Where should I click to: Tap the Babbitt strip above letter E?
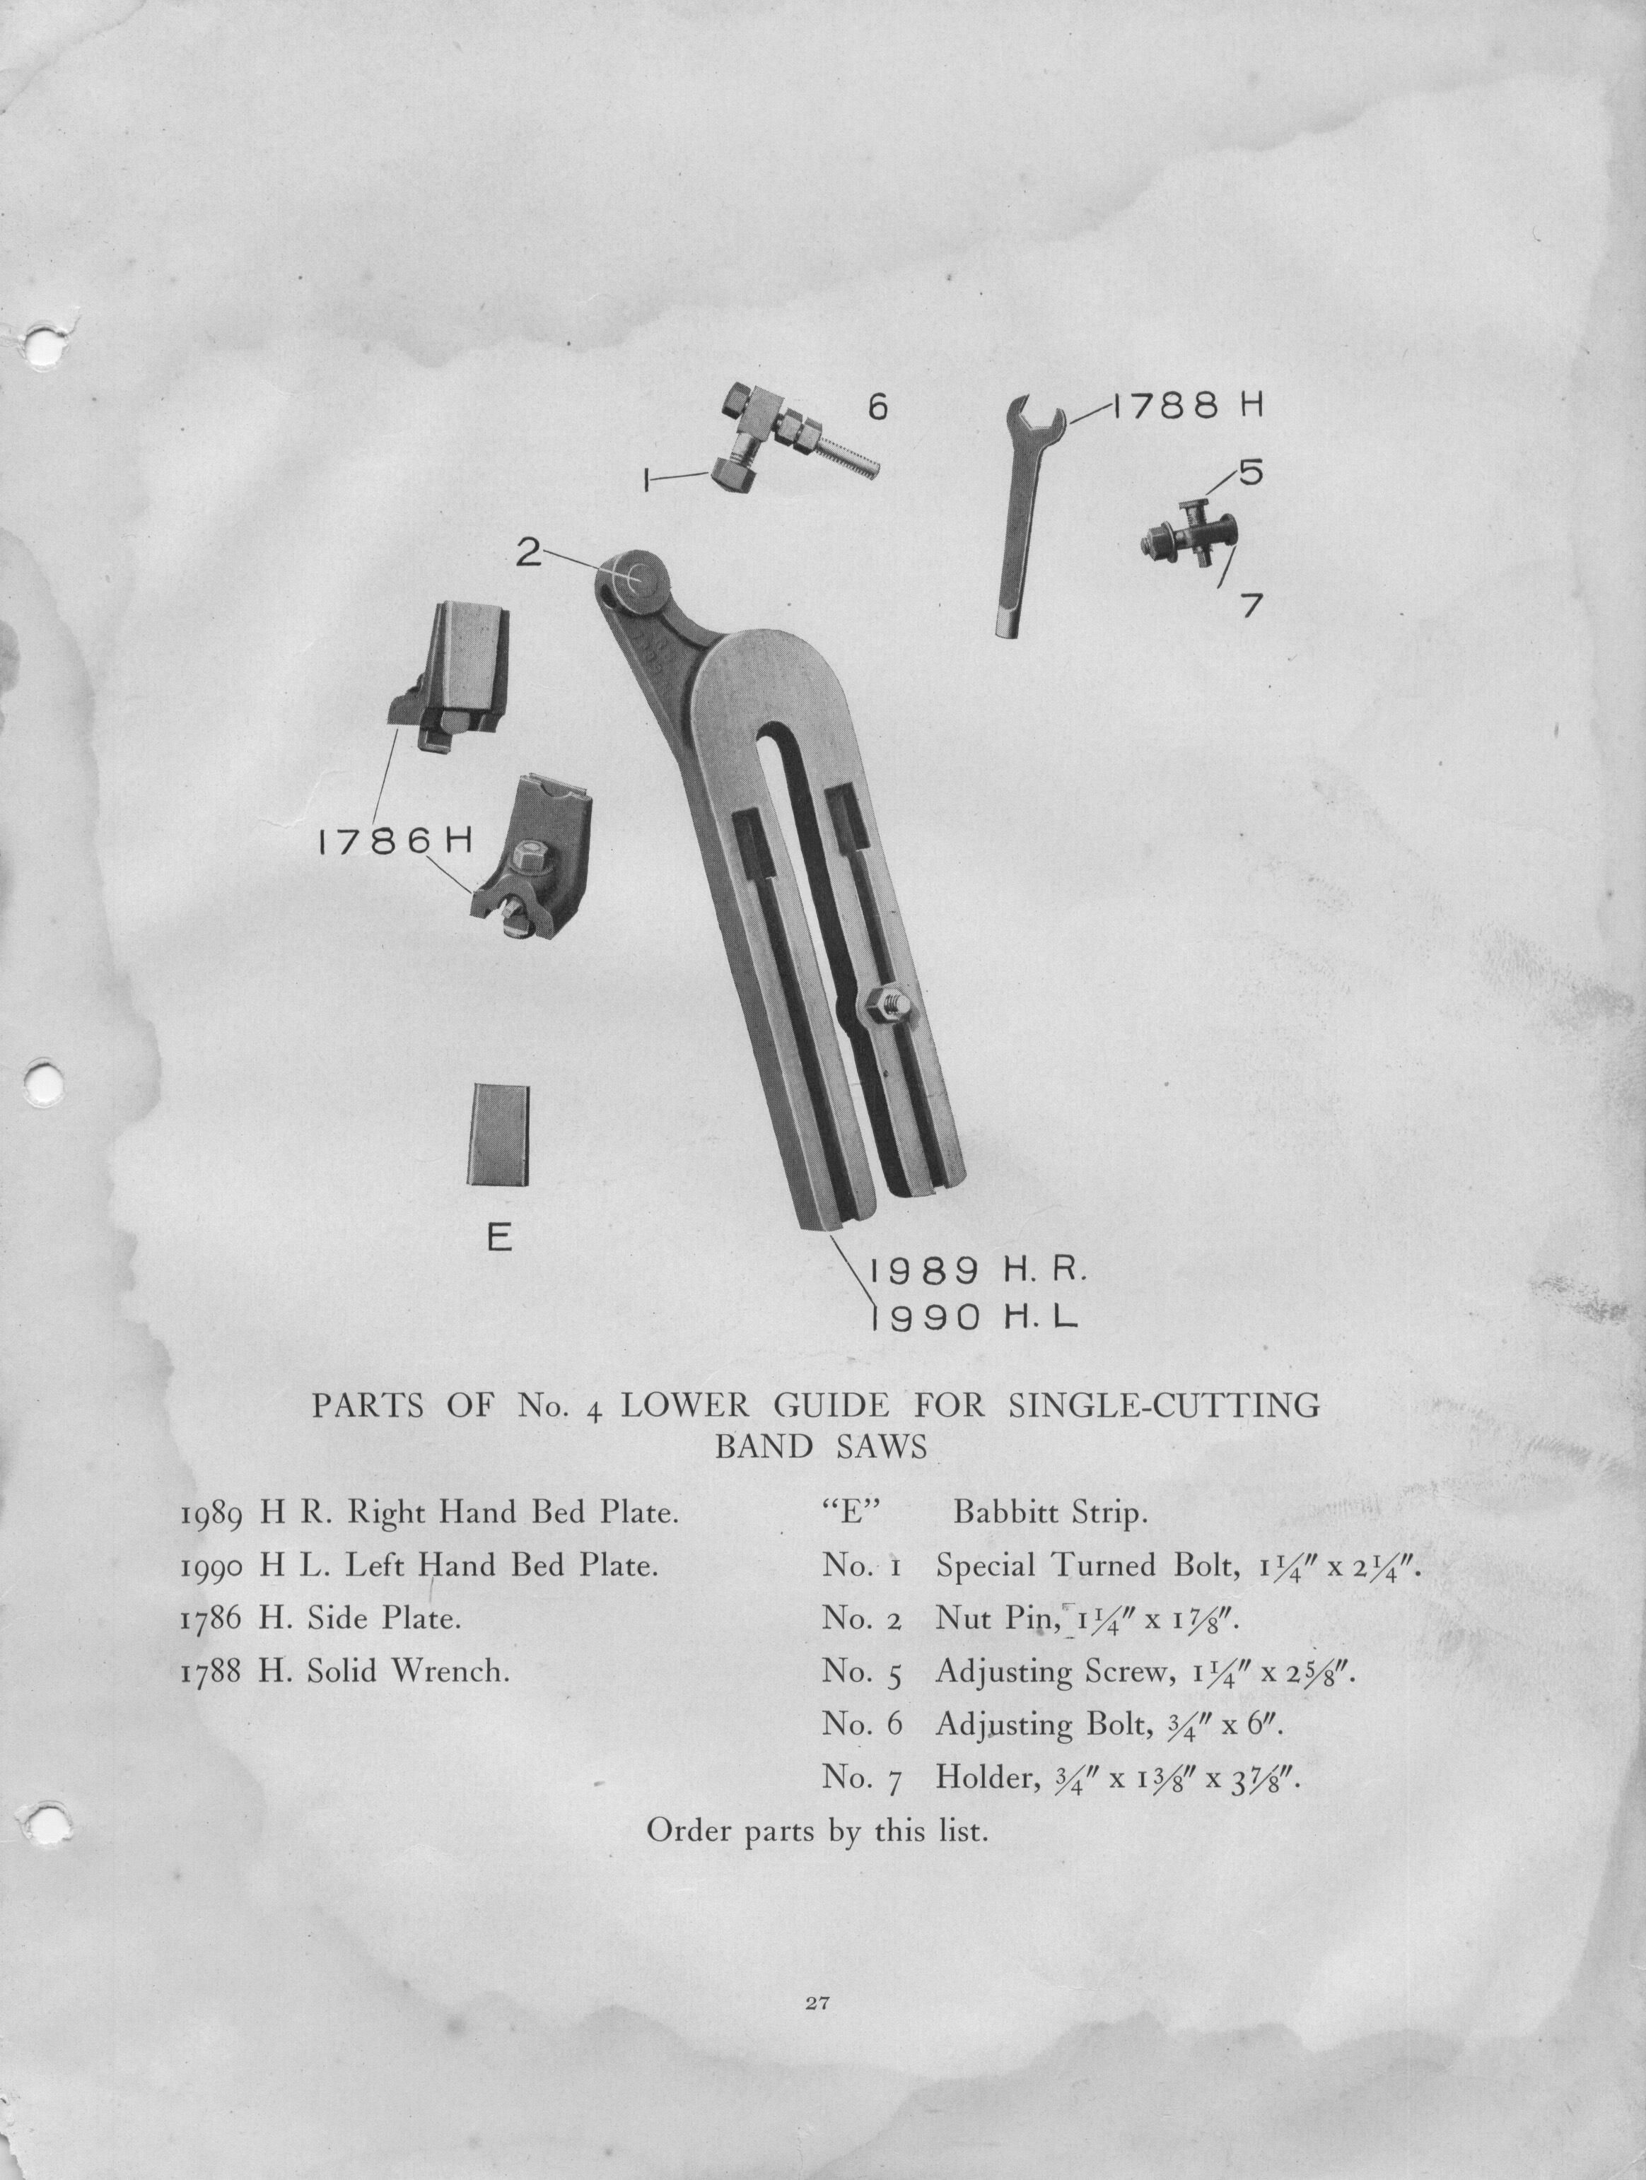pyautogui.click(x=498, y=1135)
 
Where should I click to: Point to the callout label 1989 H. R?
pyautogui.click(x=976, y=1272)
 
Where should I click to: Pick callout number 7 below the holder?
pyautogui.click(x=1251, y=604)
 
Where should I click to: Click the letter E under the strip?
pyautogui.click(x=500, y=1238)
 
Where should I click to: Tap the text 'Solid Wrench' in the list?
pyautogui.click(x=408, y=1672)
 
